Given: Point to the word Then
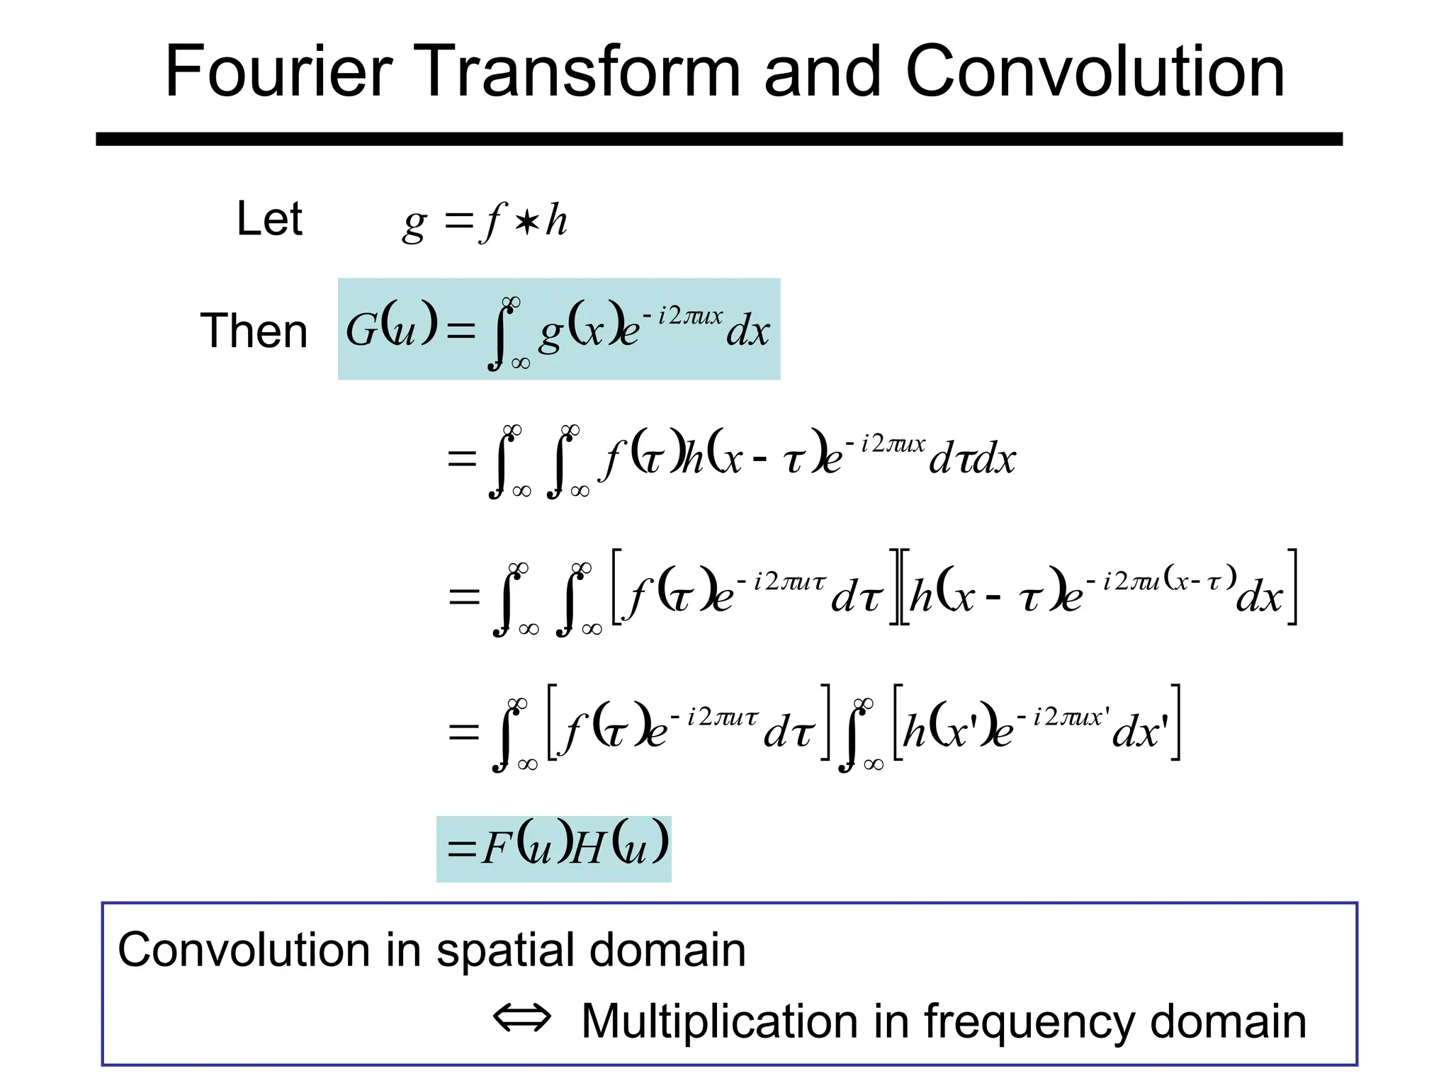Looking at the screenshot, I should (x=254, y=331).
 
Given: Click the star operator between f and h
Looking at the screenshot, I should (x=526, y=222).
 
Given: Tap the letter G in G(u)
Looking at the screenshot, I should (x=361, y=330).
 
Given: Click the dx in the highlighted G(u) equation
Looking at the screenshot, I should (x=748, y=331).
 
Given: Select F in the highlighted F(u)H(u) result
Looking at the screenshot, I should (x=497, y=848).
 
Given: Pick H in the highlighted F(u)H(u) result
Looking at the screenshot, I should (x=587, y=848).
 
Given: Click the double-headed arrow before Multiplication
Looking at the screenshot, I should (x=522, y=1019).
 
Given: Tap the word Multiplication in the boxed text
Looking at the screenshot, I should (x=720, y=1021).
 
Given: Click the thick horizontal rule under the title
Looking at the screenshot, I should (x=719, y=139).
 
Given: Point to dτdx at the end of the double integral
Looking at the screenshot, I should (x=973, y=458).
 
